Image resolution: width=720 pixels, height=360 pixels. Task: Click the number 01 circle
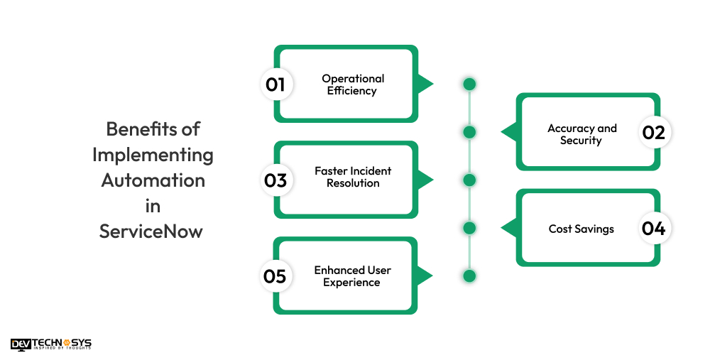click(275, 84)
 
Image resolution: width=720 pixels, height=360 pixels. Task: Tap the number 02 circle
click(653, 133)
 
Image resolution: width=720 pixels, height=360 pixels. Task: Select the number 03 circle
click(275, 180)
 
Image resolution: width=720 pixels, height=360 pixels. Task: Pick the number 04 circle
click(653, 229)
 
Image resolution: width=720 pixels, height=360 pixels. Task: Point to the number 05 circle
click(275, 276)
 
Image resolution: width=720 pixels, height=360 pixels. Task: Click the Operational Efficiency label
click(353, 84)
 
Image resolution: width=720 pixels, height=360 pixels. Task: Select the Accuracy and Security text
click(582, 134)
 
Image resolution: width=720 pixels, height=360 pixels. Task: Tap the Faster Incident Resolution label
click(353, 177)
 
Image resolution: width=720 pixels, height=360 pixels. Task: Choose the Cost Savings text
click(581, 229)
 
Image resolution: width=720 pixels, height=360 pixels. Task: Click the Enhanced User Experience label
click(352, 276)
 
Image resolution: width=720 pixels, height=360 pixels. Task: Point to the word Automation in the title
click(153, 180)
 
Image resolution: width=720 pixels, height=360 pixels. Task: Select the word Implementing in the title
click(153, 155)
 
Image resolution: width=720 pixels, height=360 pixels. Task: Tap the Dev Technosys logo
click(51, 344)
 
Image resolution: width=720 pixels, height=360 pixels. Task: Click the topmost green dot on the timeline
click(469, 84)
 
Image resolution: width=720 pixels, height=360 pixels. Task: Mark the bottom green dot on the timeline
click(469, 276)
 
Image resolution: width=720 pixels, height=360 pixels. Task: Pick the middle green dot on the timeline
click(469, 180)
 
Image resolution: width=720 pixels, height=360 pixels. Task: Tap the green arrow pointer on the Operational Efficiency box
click(425, 84)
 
